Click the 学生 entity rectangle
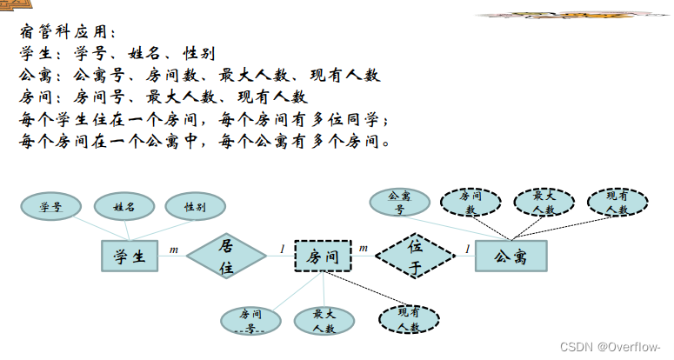pos(131,256)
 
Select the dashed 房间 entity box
pos(322,256)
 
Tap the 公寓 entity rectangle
pos(511,256)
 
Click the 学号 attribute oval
pos(50,207)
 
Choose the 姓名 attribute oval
pos(123,207)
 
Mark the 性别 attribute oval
pos(195,207)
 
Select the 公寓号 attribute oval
pos(398,203)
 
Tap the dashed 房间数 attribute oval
pos(470,203)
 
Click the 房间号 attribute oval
pos(250,321)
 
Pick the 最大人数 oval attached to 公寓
pos(544,203)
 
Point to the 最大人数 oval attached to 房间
pos(324,321)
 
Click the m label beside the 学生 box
pos(173,250)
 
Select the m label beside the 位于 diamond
pos(363,249)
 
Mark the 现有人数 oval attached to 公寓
pos(617,203)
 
